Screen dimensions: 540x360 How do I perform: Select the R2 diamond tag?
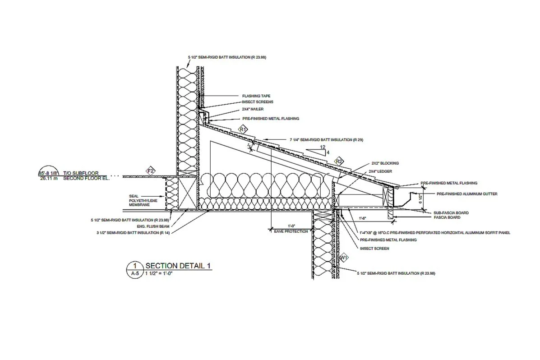click(339, 161)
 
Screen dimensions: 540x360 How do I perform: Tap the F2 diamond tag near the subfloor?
click(151, 171)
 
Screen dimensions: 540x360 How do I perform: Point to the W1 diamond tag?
click(344, 258)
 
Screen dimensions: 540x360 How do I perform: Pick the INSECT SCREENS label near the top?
click(257, 102)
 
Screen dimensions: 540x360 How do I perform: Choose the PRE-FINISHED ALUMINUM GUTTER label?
click(467, 194)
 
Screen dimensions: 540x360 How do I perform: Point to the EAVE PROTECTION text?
click(291, 231)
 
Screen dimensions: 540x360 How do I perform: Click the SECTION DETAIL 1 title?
click(178, 266)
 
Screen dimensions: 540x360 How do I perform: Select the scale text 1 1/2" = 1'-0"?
click(159, 273)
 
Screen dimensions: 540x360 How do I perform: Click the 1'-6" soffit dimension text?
click(362, 218)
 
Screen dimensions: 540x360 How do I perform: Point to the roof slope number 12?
click(322, 147)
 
